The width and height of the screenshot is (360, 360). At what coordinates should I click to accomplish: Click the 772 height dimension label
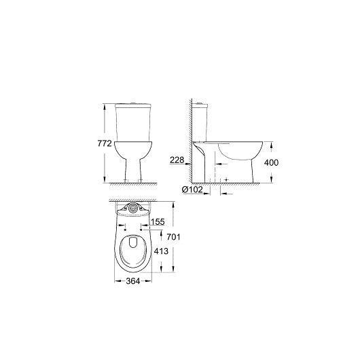pos(105,143)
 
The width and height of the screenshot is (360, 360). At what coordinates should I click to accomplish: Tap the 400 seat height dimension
pos(271,162)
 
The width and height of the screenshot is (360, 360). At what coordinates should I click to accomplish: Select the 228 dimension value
pos(177,160)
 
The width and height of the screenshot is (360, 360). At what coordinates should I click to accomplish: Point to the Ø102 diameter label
pos(192,190)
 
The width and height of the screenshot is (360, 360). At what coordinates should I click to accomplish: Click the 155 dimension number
pos(158,222)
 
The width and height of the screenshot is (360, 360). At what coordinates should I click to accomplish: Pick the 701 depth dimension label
pos(173,237)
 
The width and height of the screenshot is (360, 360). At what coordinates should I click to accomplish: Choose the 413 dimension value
pos(161,251)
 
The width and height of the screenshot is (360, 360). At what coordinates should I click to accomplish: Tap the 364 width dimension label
pos(133,281)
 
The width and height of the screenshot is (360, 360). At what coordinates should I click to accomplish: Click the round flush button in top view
pos(133,208)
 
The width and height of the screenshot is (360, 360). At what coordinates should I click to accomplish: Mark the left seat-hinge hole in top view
pos(125,230)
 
